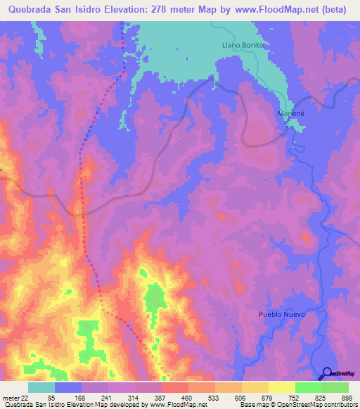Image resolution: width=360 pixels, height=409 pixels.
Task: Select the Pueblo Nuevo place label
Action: pos(282,314)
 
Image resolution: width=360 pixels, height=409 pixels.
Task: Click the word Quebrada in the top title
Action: pos(33,9)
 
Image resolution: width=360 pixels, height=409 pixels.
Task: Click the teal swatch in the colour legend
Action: pos(41,387)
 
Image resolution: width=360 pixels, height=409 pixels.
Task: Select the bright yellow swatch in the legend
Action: pos(281,387)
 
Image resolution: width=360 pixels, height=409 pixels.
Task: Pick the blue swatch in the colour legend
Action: pos(68,387)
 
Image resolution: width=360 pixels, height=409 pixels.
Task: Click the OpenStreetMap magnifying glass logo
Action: pos(326,373)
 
